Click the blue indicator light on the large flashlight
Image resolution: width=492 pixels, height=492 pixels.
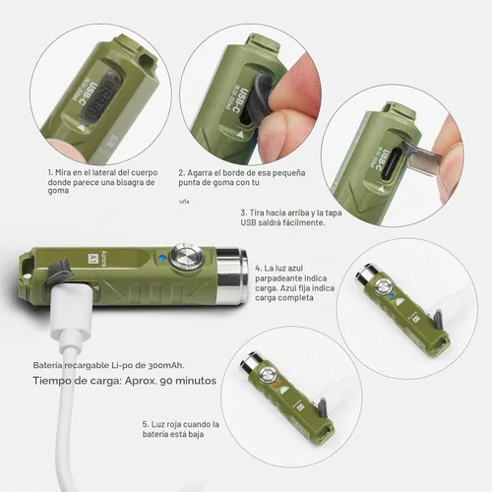[x=160, y=258]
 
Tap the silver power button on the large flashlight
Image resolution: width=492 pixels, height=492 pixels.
[x=186, y=259]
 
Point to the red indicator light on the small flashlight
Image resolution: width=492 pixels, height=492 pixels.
[x=277, y=384]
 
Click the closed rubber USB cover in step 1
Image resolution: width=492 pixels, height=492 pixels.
[x=102, y=96]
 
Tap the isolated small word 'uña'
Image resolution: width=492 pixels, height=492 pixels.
[x=184, y=202]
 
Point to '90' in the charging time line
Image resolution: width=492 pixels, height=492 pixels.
[x=166, y=381]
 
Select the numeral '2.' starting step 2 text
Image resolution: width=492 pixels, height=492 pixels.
[x=182, y=173]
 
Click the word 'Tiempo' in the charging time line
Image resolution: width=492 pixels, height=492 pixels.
[x=49, y=381]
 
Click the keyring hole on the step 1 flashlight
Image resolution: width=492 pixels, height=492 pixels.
[x=147, y=60]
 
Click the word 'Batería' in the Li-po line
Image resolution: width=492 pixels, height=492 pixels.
[x=47, y=365]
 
